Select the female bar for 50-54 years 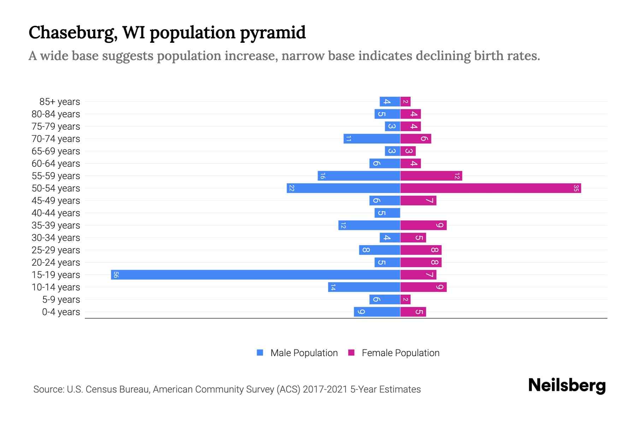[490, 188]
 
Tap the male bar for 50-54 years [343, 188]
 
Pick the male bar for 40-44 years [387, 213]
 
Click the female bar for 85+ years [405, 101]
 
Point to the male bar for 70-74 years [372, 139]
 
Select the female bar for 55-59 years [431, 176]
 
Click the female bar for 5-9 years [405, 299]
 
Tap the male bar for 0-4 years [377, 312]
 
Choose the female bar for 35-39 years [423, 225]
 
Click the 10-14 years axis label [56, 287]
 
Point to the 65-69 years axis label [56, 151]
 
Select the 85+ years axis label [60, 102]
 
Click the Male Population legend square [260, 353]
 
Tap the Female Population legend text [400, 353]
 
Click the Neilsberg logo [567, 385]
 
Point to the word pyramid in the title [273, 33]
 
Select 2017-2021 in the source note [325, 389]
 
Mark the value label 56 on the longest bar [116, 275]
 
